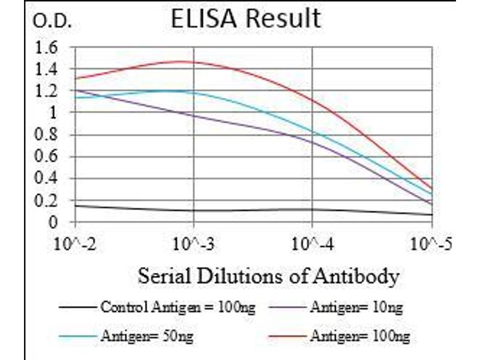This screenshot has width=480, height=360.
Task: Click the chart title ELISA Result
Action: pyautogui.click(x=246, y=19)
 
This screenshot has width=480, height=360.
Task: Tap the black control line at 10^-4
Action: pyautogui.click(x=313, y=209)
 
